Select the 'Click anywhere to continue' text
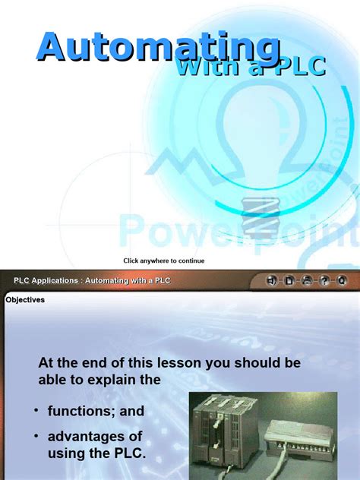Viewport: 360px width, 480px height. pos(164,261)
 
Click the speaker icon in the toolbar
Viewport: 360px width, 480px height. pos(272,281)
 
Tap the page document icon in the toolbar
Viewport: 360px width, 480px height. pos(289,281)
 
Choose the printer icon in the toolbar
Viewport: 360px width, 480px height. pos(307,281)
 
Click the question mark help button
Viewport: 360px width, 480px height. pos(324,281)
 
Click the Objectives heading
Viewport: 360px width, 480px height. pos(25,300)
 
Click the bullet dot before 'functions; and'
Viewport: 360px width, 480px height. pos(36,411)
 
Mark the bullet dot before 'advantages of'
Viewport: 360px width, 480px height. pos(36,436)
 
